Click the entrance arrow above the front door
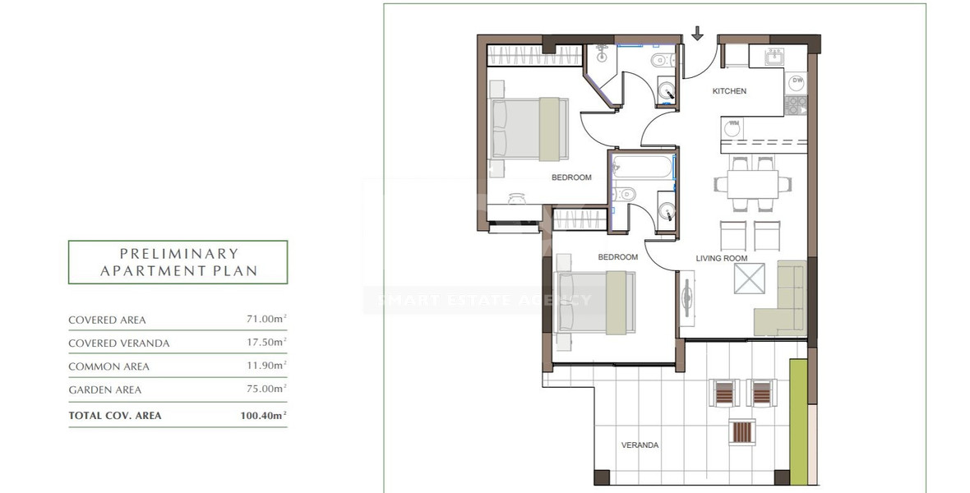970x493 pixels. (x=698, y=34)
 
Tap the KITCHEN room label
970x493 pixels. (x=729, y=91)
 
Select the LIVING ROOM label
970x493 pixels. (x=721, y=258)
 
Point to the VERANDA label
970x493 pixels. (x=640, y=445)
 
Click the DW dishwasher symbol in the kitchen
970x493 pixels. (x=797, y=81)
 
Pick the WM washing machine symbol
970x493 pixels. (x=733, y=126)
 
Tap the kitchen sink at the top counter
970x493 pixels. (x=773, y=56)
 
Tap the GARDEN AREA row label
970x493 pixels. (x=104, y=390)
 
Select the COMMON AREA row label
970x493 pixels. (x=109, y=366)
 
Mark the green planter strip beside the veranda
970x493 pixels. (x=797, y=419)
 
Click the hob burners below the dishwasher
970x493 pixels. (x=796, y=105)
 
